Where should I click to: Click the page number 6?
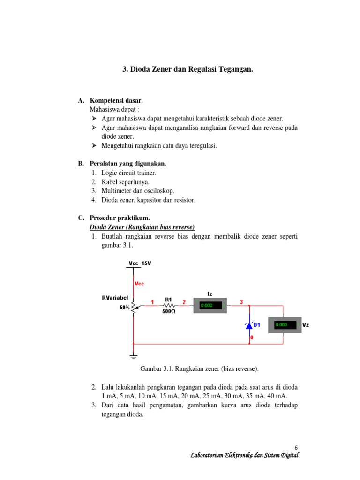pos(296,447)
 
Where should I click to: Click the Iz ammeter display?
pos(210,305)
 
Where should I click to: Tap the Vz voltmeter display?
pos(285,324)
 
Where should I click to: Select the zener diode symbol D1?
pos(249,325)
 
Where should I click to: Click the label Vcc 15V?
pos(140,263)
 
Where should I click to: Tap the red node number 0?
pos(252,337)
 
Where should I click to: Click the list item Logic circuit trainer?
pos(129,173)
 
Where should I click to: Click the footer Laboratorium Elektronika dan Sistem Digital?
pos(244,456)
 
